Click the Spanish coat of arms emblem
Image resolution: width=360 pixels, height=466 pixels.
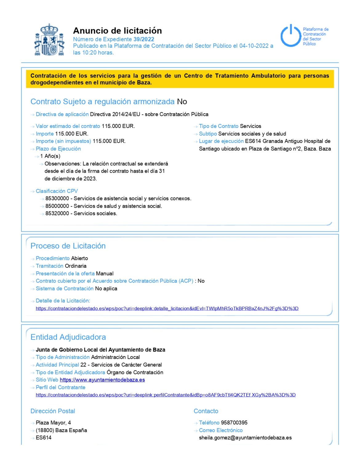pos(49,40)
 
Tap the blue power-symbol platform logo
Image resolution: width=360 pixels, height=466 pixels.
pos(290,36)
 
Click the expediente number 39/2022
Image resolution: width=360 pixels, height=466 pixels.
pos(144,39)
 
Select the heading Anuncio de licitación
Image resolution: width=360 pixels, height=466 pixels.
pos(117,31)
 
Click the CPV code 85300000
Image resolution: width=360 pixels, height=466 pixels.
pos(57,199)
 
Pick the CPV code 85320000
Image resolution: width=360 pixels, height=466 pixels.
pos(57,214)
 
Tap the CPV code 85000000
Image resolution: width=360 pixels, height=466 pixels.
pos(57,206)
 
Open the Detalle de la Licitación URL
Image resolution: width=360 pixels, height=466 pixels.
pos(167,309)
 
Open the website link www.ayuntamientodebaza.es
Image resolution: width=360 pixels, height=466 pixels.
pos(102,380)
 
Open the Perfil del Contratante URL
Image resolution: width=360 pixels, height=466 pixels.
pos(166,395)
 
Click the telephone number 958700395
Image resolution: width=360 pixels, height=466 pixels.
pos(234,423)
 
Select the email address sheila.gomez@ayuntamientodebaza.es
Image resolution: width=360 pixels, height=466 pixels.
pos(245,438)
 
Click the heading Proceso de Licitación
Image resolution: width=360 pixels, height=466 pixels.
pos(68,246)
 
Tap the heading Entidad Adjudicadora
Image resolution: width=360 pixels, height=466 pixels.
pos(68,337)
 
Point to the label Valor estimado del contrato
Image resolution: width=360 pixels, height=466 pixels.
pos(68,126)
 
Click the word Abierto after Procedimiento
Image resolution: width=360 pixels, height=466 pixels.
pos(79,258)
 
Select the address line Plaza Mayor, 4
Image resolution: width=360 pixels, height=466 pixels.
pos(53,423)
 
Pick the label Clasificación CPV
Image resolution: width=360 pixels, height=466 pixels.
pos(57,191)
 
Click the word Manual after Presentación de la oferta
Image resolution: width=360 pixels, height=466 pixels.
pos(105,273)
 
